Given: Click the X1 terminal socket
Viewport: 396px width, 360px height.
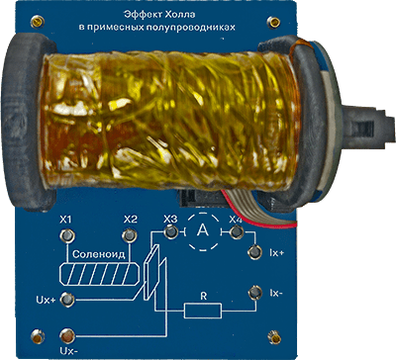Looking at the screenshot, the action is [67, 235].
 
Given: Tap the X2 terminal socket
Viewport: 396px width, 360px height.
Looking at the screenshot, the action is [129, 235].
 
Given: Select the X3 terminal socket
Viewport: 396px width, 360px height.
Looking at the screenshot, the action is [171, 232].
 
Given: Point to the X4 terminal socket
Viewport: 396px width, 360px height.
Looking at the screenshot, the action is [236, 232].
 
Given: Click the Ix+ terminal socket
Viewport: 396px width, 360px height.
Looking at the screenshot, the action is [254, 252].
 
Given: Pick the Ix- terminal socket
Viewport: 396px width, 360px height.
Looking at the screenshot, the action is [254, 293].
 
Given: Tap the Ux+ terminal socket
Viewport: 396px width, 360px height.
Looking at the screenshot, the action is [67, 299].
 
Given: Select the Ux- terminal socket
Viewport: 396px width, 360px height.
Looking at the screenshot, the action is [67, 335].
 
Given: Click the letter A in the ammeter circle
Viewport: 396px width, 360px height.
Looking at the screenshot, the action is [202, 230].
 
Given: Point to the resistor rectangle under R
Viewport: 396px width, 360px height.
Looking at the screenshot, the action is [202, 311].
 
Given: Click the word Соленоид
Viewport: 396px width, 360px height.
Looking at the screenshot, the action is [99, 254].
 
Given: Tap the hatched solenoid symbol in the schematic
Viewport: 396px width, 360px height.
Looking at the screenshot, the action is [99, 274].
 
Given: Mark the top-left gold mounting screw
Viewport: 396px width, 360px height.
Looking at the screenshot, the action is [37, 22].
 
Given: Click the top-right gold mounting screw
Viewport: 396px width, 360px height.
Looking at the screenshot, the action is [273, 23].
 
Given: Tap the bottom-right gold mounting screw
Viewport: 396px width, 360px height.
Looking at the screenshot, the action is [275, 337].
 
